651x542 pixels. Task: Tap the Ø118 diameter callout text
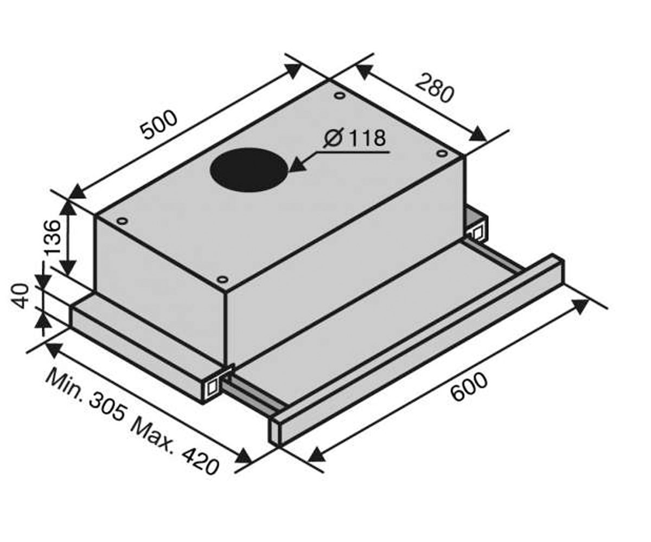(x=354, y=138)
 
